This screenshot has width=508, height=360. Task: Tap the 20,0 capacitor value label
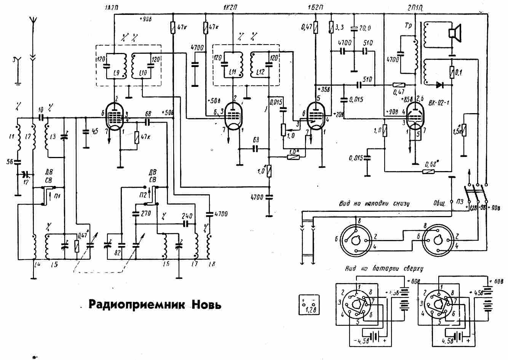(364, 28)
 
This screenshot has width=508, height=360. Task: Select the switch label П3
(460, 201)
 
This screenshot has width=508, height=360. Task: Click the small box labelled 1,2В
(309, 304)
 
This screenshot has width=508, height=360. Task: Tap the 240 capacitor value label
(187, 214)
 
